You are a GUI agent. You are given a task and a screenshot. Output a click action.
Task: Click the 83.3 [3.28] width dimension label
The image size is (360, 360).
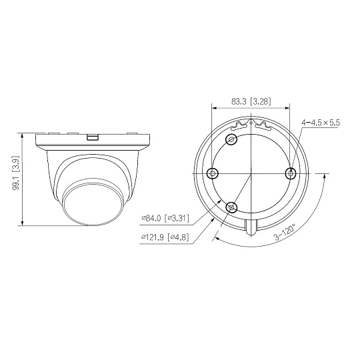click(x=251, y=101)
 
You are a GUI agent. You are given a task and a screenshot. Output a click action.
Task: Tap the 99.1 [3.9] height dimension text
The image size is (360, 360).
click(x=16, y=173)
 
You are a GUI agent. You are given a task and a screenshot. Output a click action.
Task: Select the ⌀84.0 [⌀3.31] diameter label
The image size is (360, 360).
click(x=165, y=218)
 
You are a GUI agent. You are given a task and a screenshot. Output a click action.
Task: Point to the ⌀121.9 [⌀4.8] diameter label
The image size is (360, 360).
click(x=165, y=237)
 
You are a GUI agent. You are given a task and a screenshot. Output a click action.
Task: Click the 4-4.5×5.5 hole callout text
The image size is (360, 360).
click(x=321, y=123)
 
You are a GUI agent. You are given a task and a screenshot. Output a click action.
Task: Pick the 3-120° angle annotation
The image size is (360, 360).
click(x=285, y=233)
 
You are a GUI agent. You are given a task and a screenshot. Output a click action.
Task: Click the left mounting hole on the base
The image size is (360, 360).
click(x=213, y=173)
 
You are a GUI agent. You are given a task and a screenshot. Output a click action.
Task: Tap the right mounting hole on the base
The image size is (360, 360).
click(x=291, y=173)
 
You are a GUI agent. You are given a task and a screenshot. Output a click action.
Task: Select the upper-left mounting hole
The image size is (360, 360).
click(x=231, y=139)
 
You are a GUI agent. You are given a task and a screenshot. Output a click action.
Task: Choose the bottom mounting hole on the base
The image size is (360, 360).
click(x=231, y=207)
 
